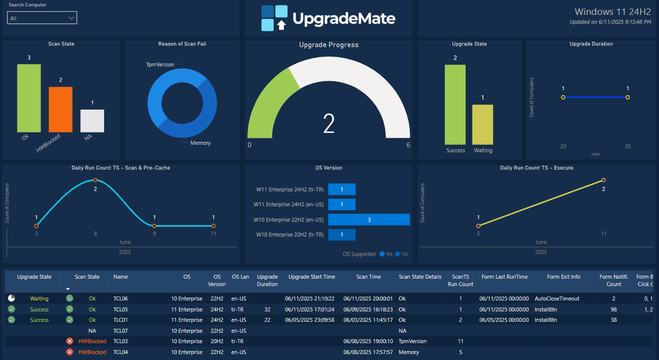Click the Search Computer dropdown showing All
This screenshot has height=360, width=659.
click(42, 18)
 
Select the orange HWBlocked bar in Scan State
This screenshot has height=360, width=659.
click(60, 110)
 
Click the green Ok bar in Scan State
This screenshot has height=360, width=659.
click(29, 98)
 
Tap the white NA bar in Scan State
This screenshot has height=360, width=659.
click(92, 121)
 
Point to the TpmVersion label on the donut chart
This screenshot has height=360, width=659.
click(160, 65)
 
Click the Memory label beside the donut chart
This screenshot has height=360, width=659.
click(200, 143)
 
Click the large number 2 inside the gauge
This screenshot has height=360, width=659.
click(329, 123)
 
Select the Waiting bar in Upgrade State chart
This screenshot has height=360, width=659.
click(482, 124)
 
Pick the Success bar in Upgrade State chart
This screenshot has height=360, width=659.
click(455, 105)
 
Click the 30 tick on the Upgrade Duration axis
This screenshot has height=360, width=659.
click(627, 146)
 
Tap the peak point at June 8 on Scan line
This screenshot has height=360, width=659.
click(95, 180)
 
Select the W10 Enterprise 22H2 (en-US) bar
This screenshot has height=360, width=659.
click(369, 220)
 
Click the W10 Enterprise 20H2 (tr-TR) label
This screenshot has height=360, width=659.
click(290, 235)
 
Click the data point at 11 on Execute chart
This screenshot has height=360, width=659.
click(603, 180)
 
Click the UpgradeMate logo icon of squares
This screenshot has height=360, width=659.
click(274, 18)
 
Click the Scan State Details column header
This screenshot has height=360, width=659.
click(419, 277)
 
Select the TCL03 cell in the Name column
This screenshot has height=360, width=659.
click(120, 341)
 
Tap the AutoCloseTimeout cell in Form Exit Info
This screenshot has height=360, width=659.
click(557, 299)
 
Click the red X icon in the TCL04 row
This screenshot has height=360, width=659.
click(69, 352)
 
